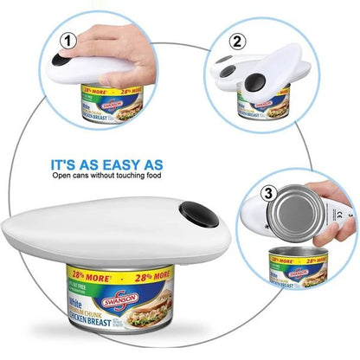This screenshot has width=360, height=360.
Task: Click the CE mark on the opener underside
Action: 338,209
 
